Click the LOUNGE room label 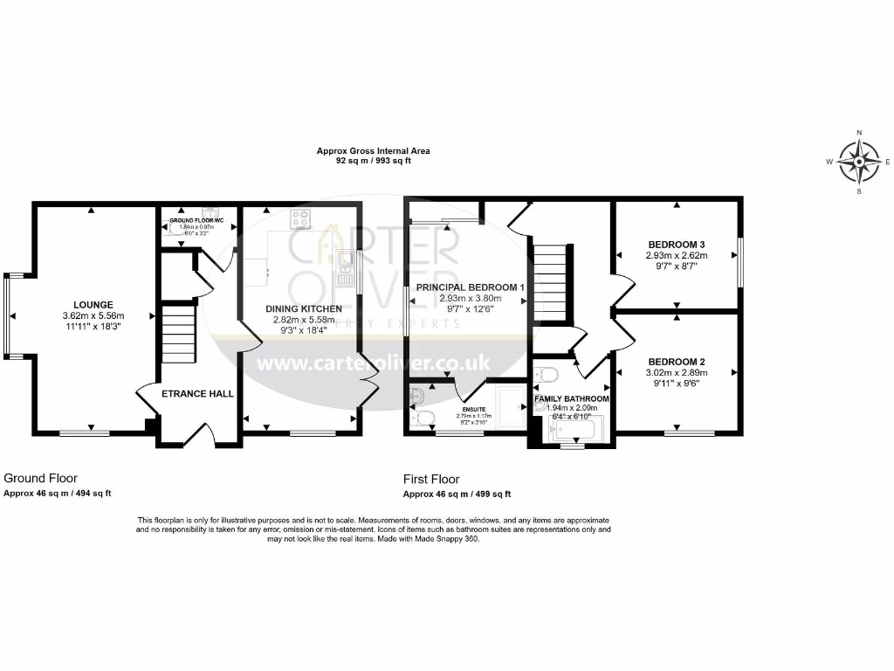pos(93,304)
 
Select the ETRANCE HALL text pos(198,394)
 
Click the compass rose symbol pos(858,162)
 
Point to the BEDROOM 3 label pos(677,244)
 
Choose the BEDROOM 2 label pos(677,361)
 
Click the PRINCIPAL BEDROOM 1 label pos(471,287)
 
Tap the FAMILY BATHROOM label pos(573,398)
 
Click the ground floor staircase pos(177,333)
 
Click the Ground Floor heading pos(40,478)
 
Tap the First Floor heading pos(430,479)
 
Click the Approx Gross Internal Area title pos(373,151)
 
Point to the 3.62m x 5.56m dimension pos(93,315)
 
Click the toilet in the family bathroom pos(548,375)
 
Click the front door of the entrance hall pos(198,434)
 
